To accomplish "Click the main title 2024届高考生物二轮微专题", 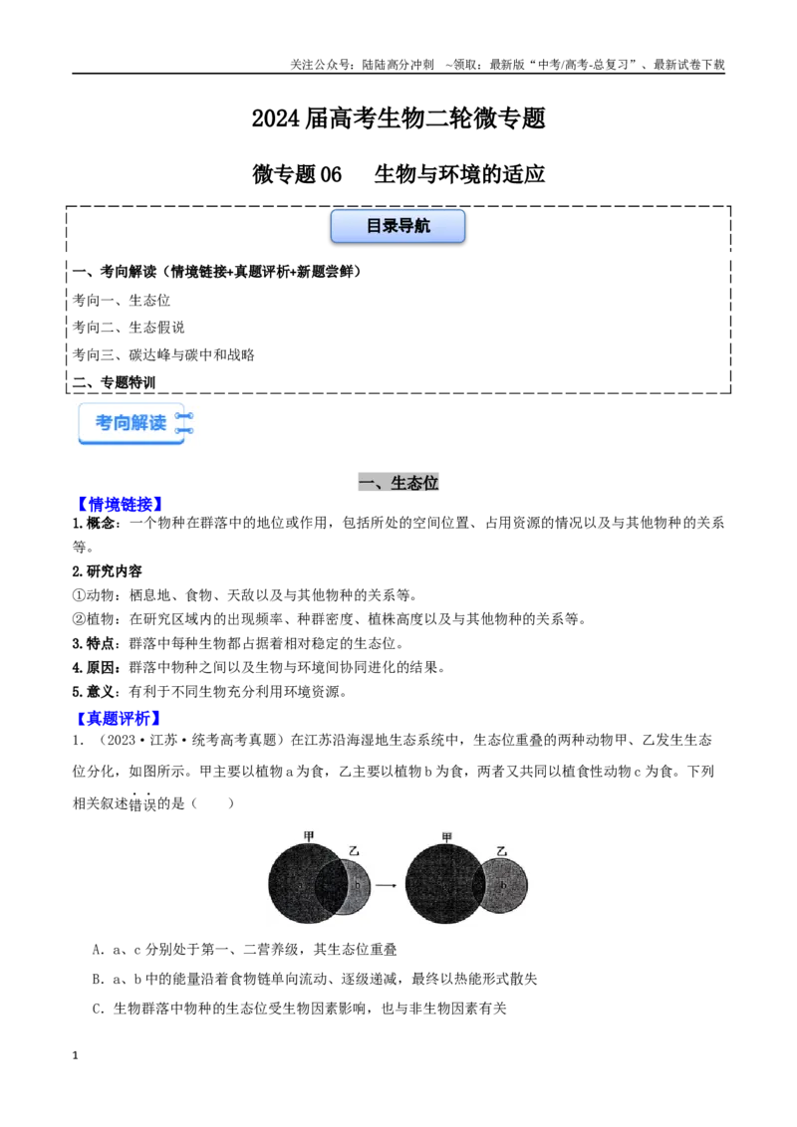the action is pos(398,117).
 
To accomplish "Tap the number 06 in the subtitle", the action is pos(331,174).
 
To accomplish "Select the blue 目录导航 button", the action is pos(398,226).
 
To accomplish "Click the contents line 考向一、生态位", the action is pos(121,300).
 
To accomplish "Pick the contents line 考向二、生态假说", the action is pos(129,327).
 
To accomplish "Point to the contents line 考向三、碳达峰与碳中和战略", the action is pos(163,354).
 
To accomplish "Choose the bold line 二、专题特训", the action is pos(114,382).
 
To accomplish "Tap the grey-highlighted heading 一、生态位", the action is pos(398,482).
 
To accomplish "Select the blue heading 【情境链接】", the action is pos(121,504).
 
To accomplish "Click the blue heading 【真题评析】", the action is pos(119,717).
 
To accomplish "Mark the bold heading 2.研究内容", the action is pos(108,571).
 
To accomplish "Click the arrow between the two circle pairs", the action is pos(387,885).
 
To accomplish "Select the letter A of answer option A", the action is pos(97,950).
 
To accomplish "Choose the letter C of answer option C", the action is pos(97,1009).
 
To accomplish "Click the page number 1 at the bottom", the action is pos(75,1055).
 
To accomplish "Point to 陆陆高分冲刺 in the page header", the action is pos(398,65).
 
